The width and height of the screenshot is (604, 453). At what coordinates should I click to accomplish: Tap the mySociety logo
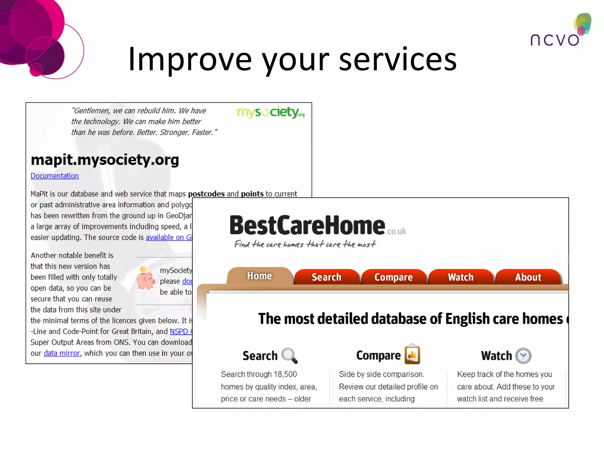[x=271, y=112]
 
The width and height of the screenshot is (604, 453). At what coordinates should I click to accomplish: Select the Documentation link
[x=55, y=176]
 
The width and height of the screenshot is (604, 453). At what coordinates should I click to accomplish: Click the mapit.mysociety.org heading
[x=105, y=160]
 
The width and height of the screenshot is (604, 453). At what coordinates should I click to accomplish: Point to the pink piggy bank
[x=145, y=278]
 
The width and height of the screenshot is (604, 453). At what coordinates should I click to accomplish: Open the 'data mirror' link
[x=62, y=353]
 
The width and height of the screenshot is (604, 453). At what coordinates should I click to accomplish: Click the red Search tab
[x=326, y=277]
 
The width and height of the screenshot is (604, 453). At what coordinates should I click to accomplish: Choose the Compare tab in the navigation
[x=393, y=277]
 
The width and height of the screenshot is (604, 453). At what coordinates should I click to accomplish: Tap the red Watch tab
[x=461, y=277]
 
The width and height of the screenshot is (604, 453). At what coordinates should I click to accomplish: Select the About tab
[x=528, y=277]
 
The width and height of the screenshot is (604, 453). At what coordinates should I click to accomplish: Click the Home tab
[x=259, y=276]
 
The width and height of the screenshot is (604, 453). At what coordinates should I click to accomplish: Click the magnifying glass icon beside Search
[x=289, y=355]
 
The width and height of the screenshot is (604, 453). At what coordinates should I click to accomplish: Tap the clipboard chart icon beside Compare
[x=412, y=354]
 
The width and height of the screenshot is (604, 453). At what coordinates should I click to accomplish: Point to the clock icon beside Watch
[x=523, y=356]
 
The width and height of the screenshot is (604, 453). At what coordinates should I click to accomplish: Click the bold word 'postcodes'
[x=206, y=194]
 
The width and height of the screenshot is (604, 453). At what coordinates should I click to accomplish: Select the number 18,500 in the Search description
[x=285, y=374]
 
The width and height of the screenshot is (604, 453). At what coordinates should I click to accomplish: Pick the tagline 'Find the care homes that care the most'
[x=305, y=244]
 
